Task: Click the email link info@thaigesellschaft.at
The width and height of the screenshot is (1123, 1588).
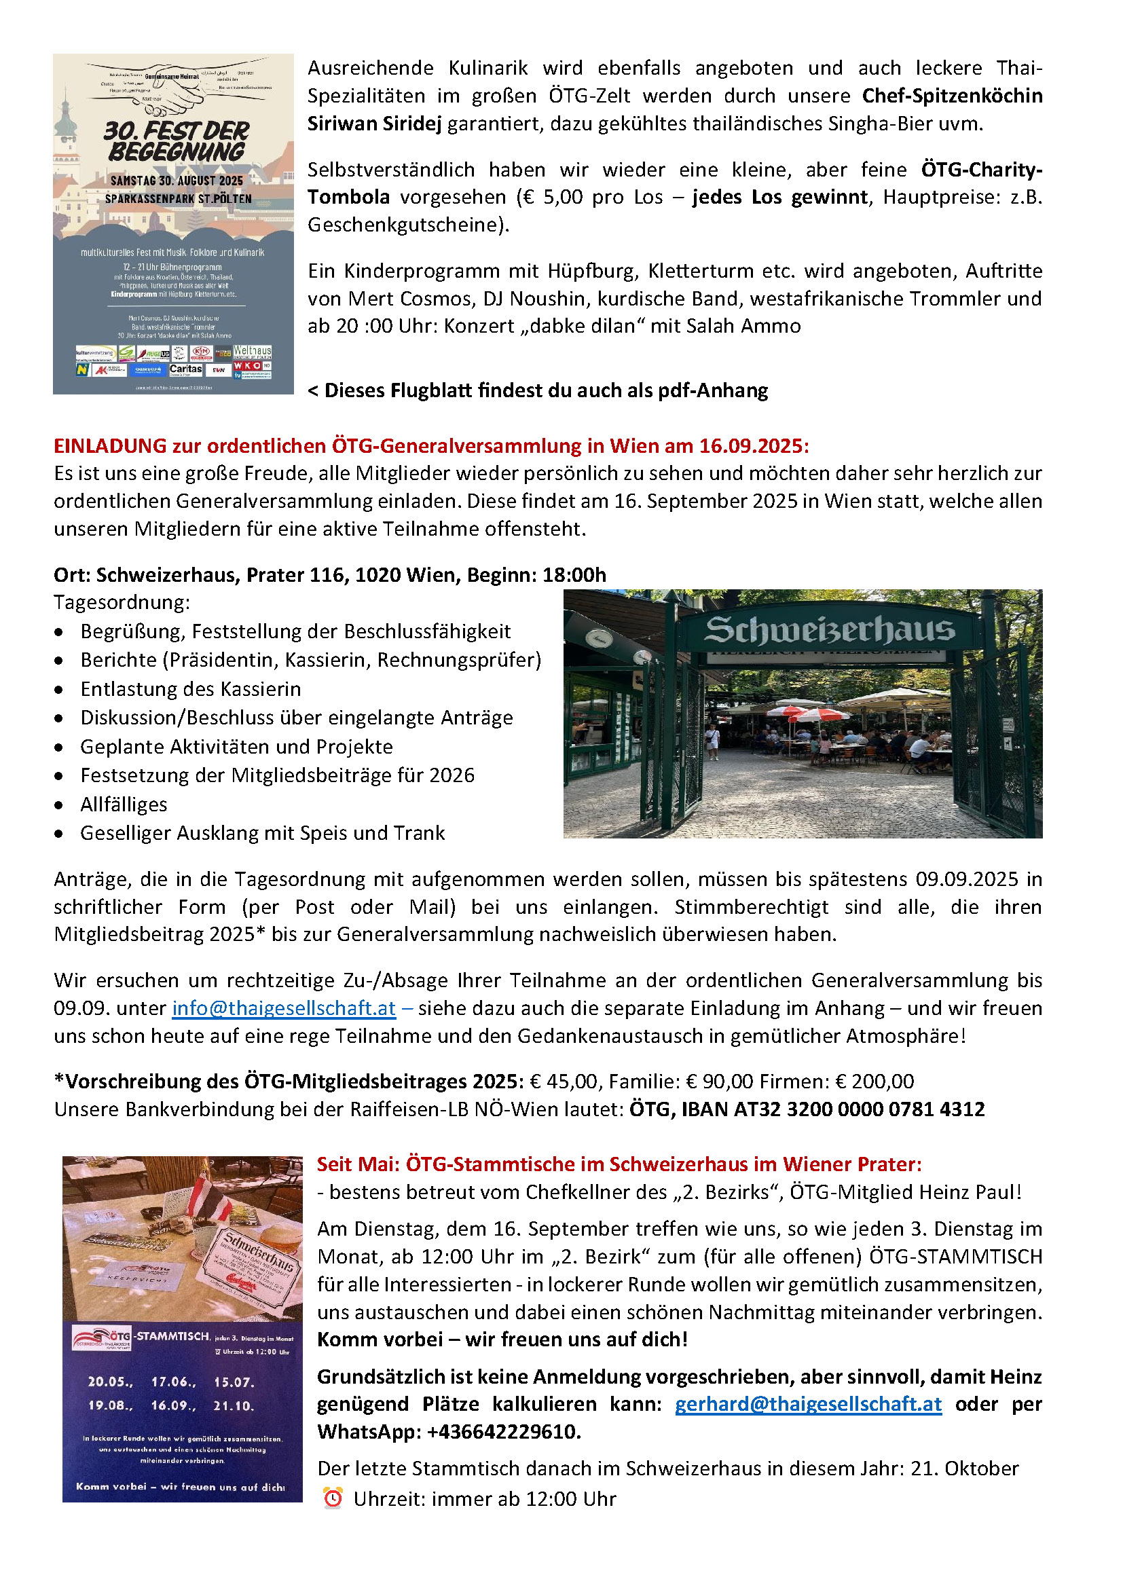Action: pyautogui.click(x=284, y=1008)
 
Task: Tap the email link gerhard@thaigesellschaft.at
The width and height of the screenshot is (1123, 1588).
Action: pyautogui.click(x=808, y=1404)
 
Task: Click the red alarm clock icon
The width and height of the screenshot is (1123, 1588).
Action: pyautogui.click(x=333, y=1498)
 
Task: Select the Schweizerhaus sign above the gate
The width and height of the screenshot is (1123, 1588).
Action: pyautogui.click(x=830, y=630)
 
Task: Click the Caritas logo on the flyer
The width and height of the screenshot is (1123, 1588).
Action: pyautogui.click(x=185, y=369)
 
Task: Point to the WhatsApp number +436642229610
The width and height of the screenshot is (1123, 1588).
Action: pyautogui.click(x=502, y=1432)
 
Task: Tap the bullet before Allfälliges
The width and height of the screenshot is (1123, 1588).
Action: pyautogui.click(x=60, y=805)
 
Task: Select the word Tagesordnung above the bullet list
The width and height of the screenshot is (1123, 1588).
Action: pyautogui.click(x=121, y=602)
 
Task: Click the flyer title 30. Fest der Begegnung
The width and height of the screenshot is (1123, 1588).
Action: pyautogui.click(x=177, y=141)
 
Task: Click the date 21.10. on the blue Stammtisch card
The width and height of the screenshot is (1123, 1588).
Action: pyautogui.click(x=233, y=1405)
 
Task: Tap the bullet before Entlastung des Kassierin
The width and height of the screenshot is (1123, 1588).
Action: pyautogui.click(x=60, y=690)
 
